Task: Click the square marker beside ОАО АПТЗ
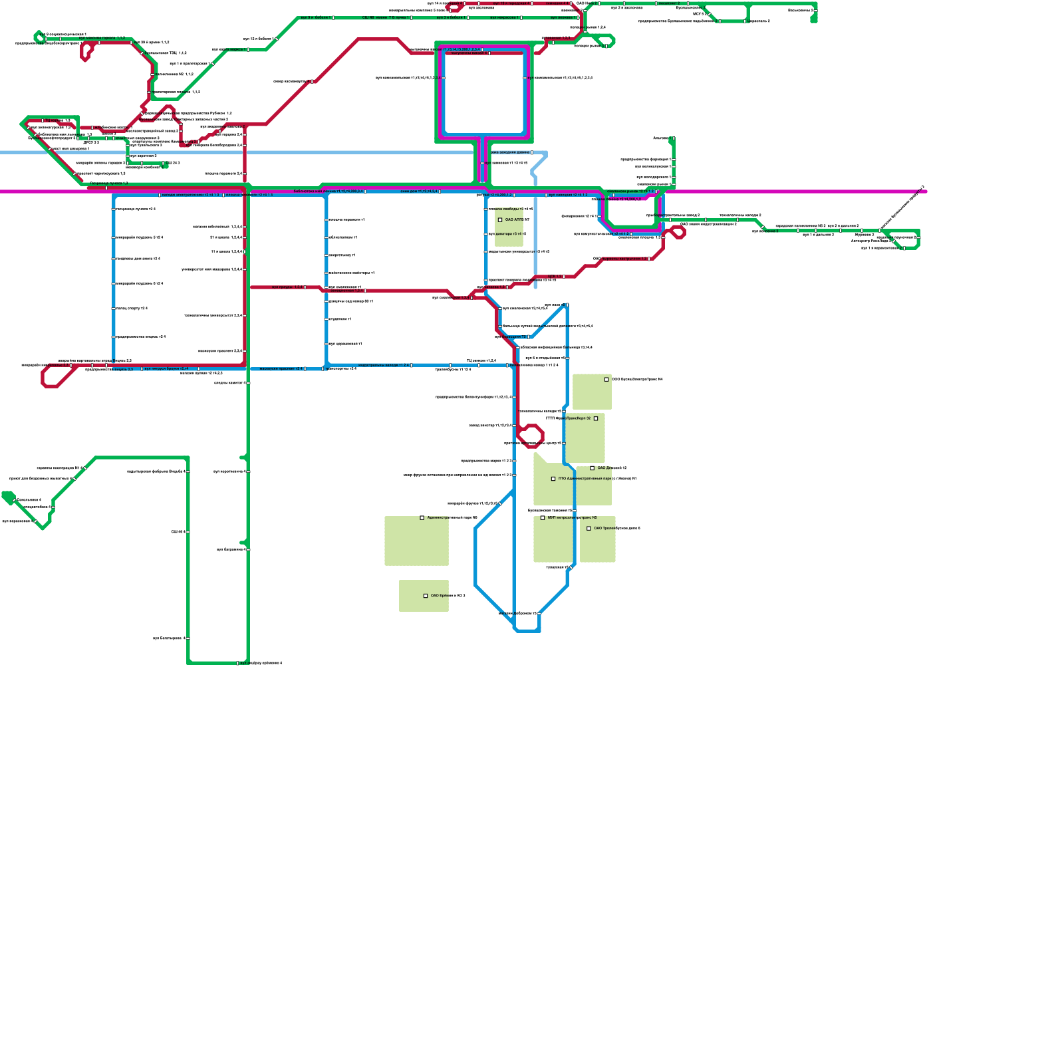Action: [x=500, y=219]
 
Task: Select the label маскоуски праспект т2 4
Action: [x=281, y=368]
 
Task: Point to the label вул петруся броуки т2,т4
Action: [x=166, y=368]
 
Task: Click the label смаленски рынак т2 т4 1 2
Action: [x=630, y=192]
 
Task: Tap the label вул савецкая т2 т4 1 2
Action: [x=568, y=195]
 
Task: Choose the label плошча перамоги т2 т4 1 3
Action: [x=249, y=195]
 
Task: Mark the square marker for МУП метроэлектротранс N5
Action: [x=543, y=517]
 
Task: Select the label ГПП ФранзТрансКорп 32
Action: [x=568, y=418]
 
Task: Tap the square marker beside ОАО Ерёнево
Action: [x=426, y=596]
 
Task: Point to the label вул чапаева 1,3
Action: [x=50, y=128]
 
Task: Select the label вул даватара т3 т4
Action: [x=507, y=234]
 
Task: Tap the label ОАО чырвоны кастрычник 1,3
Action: [x=620, y=259]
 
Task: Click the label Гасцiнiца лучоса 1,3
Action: [x=109, y=183]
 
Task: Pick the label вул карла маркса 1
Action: [x=229, y=49]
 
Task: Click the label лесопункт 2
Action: [x=668, y=3]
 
